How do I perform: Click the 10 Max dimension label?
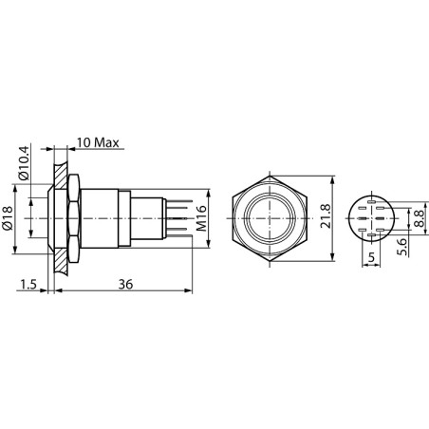[98, 142]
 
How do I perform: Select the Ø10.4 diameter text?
[24, 162]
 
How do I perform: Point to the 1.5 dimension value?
[28, 285]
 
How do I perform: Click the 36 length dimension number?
[125, 285]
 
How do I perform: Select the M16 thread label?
[201, 218]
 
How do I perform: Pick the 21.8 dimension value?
[326, 216]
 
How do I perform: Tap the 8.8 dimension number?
[420, 218]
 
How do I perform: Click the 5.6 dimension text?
[401, 247]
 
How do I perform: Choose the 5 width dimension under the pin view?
[371, 257]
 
